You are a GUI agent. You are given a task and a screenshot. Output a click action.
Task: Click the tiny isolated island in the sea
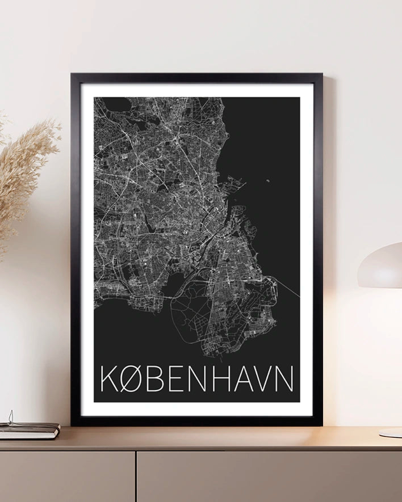point(267,182)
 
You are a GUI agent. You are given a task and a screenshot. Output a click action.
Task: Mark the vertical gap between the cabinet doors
point(135,476)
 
